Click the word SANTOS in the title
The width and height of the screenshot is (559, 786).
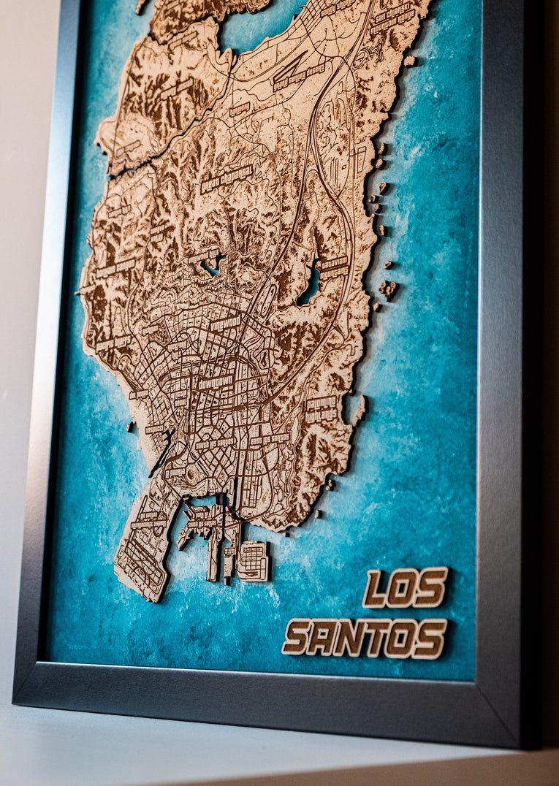pyautogui.click(x=365, y=637)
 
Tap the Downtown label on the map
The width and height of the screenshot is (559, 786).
pyautogui.click(x=215, y=381)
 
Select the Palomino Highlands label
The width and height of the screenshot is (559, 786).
pyautogui.click(x=322, y=408)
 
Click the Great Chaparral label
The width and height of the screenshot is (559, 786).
pyautogui.click(x=227, y=178)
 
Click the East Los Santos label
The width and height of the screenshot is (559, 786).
pyautogui.click(x=269, y=439)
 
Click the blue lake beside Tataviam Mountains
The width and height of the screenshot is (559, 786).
pyautogui.click(x=308, y=287)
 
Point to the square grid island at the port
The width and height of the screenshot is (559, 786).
pyautogui.click(x=253, y=560)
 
